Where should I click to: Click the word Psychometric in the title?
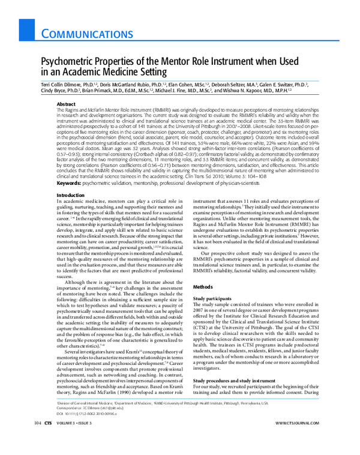coord(65,62)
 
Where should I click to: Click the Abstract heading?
coord(65,104)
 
